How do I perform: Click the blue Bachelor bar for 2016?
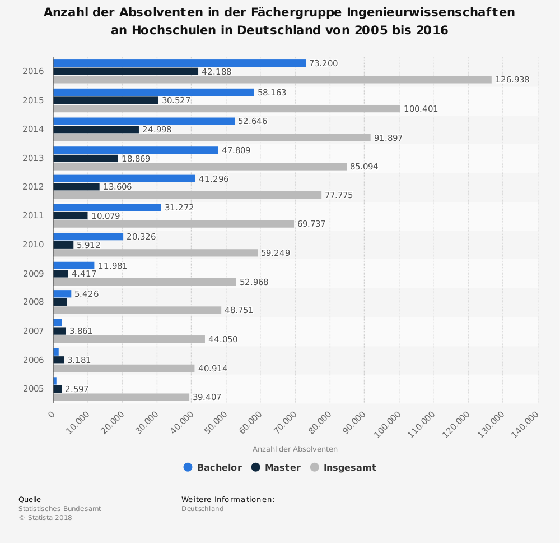click(179, 63)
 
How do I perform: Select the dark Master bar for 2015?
click(106, 100)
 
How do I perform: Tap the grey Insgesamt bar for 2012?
click(187, 195)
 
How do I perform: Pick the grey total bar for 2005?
click(121, 397)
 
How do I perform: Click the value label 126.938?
click(512, 80)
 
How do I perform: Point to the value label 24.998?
click(157, 130)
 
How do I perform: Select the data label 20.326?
click(141, 237)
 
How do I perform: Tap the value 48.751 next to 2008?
click(239, 310)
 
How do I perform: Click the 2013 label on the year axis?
click(33, 158)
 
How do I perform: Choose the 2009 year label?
click(33, 274)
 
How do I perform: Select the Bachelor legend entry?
click(213, 467)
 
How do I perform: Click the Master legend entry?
click(276, 467)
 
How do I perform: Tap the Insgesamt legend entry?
click(343, 467)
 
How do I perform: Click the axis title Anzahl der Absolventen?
click(295, 449)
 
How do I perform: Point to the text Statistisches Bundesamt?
click(60, 509)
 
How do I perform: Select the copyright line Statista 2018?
click(45, 518)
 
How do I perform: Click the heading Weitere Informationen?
click(227, 499)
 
